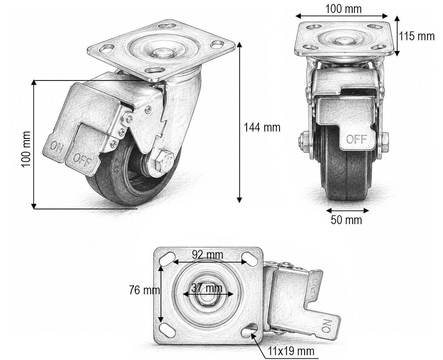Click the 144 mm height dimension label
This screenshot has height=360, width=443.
tap(262, 128)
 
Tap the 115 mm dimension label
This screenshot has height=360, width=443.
tap(417, 36)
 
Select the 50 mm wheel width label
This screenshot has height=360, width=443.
tap(347, 220)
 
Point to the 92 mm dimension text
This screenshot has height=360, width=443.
tap(207, 255)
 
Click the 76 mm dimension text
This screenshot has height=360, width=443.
tap(144, 290)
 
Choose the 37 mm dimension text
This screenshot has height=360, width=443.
tap(207, 288)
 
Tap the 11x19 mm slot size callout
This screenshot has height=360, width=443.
tap(291, 351)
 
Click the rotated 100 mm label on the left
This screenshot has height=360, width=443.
tap(26, 149)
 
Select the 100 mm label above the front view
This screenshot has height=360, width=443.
tap(343, 9)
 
